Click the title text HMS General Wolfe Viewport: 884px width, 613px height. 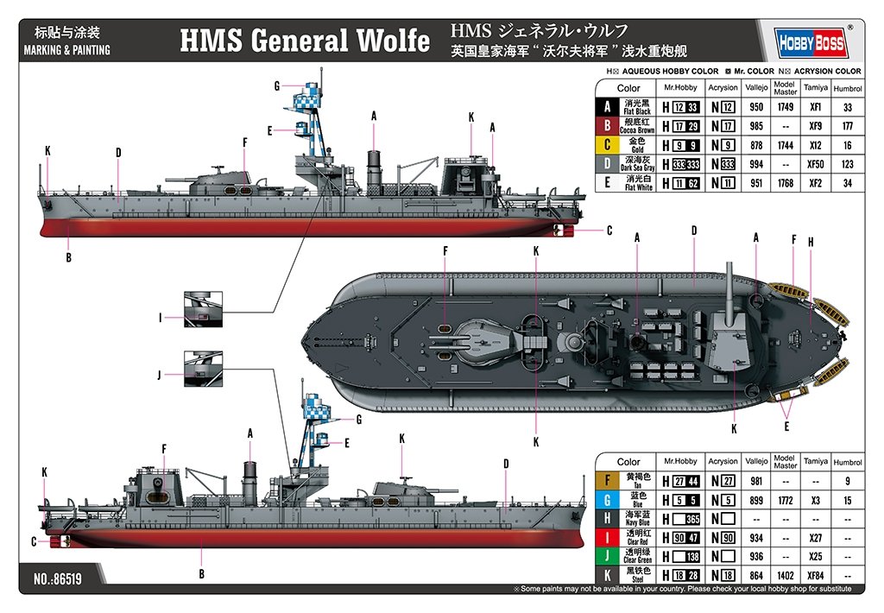click(304, 41)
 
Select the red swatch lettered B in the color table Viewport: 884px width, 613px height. click(607, 127)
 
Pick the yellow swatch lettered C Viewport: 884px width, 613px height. click(607, 145)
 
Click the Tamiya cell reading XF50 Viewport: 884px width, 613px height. click(814, 164)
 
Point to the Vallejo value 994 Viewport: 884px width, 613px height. click(756, 164)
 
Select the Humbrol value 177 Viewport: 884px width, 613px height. click(847, 127)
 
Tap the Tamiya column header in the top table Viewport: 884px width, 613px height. click(815, 87)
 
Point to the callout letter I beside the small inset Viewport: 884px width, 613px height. click(161, 318)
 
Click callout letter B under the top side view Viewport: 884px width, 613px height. click(68, 256)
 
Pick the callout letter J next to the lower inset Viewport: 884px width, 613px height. click(161, 375)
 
